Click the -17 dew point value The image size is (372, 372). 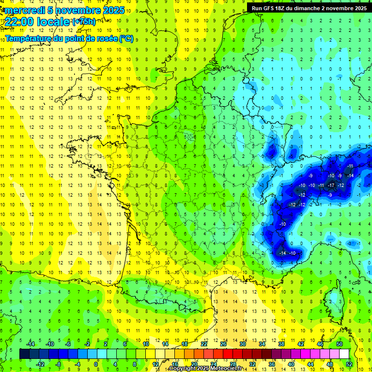(x=332, y=186)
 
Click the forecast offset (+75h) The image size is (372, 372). (x=84, y=21)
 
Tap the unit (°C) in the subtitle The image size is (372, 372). (x=126, y=39)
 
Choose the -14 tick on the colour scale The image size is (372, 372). (x=31, y=344)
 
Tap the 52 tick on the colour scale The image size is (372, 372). (x=349, y=364)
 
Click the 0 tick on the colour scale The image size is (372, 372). (x=96, y=364)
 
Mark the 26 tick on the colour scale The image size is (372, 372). (x=223, y=344)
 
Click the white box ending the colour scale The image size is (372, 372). (x=344, y=354)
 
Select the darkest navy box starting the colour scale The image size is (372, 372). (x=24, y=354)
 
